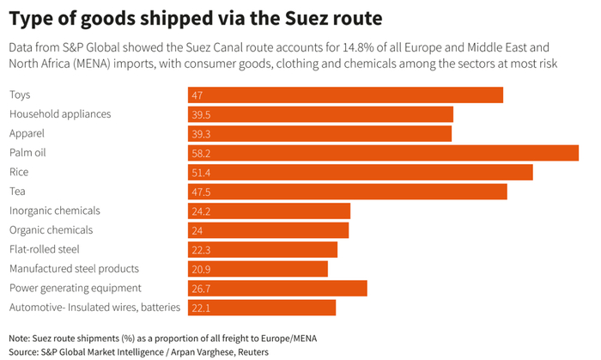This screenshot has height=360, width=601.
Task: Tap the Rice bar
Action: tap(360, 172)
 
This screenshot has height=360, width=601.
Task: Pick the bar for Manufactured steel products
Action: tap(258, 269)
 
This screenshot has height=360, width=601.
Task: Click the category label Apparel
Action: tap(27, 133)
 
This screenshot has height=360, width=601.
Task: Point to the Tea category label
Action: tap(17, 191)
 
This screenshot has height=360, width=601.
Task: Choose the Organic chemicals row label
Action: tap(51, 230)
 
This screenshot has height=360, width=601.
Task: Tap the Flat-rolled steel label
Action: tap(44, 249)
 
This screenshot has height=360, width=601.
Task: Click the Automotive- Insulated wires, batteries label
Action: tap(94, 308)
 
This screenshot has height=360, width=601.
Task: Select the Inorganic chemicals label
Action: tap(54, 211)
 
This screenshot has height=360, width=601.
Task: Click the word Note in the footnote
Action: tap(20, 338)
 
